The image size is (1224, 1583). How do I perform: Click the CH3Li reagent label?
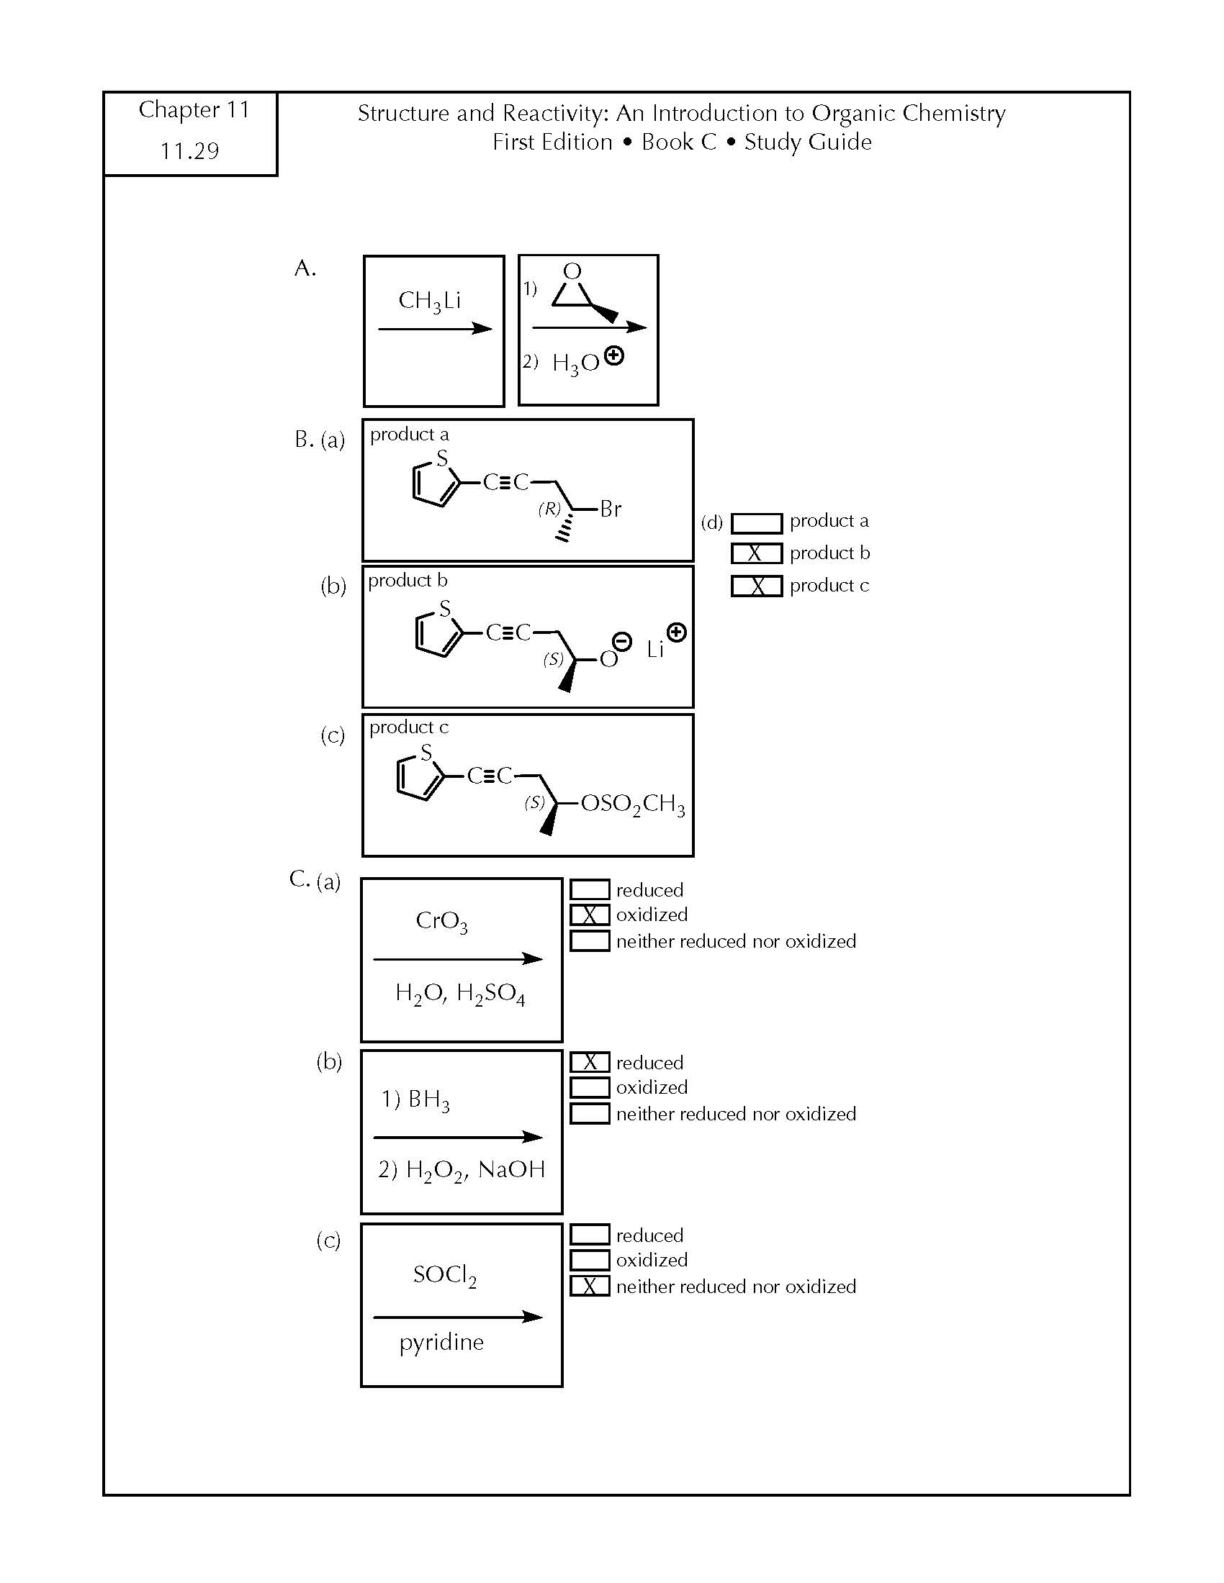click(x=429, y=301)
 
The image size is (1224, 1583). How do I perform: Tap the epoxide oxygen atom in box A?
click(x=572, y=271)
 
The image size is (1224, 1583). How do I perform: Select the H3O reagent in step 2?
click(x=576, y=363)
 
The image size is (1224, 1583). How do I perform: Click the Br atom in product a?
click(x=611, y=509)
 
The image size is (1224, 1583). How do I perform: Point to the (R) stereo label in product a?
click(x=549, y=509)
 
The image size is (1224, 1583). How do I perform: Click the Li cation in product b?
click(x=655, y=650)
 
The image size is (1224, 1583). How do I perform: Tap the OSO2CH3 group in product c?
click(x=632, y=804)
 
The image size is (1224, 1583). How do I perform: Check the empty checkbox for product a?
click(x=756, y=522)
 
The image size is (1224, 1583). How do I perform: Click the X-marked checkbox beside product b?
click(x=756, y=553)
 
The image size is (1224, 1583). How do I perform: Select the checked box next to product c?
click(x=756, y=586)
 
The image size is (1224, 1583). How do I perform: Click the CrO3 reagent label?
click(x=441, y=921)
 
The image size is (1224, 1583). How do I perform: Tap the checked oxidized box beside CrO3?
click(x=590, y=915)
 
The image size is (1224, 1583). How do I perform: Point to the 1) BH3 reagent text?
click(x=415, y=1099)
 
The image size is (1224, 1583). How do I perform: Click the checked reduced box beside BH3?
click(x=590, y=1062)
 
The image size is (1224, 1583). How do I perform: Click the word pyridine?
click(x=441, y=1343)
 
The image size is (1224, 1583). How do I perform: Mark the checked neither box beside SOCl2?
click(x=590, y=1286)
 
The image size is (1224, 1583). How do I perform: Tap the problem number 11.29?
click(x=189, y=151)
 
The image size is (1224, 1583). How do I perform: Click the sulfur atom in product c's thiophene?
click(x=426, y=753)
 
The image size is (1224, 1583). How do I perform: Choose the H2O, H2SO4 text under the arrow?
click(x=460, y=993)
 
